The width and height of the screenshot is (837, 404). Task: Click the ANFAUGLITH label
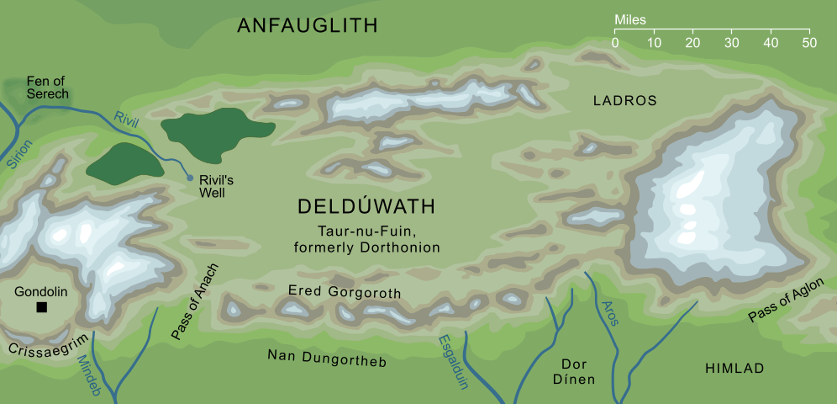click(307, 26)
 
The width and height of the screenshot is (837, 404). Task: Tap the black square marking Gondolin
click(41, 308)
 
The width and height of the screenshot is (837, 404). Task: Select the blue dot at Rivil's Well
click(190, 178)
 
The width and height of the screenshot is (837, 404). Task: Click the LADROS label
click(624, 101)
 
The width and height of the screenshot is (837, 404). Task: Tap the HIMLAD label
click(734, 369)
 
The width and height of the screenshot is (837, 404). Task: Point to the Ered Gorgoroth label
click(344, 292)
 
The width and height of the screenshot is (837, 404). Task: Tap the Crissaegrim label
click(41, 348)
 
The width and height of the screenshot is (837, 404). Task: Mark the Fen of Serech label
click(47, 88)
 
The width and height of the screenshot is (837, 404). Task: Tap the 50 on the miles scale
click(808, 42)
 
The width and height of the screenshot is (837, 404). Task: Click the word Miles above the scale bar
click(630, 19)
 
